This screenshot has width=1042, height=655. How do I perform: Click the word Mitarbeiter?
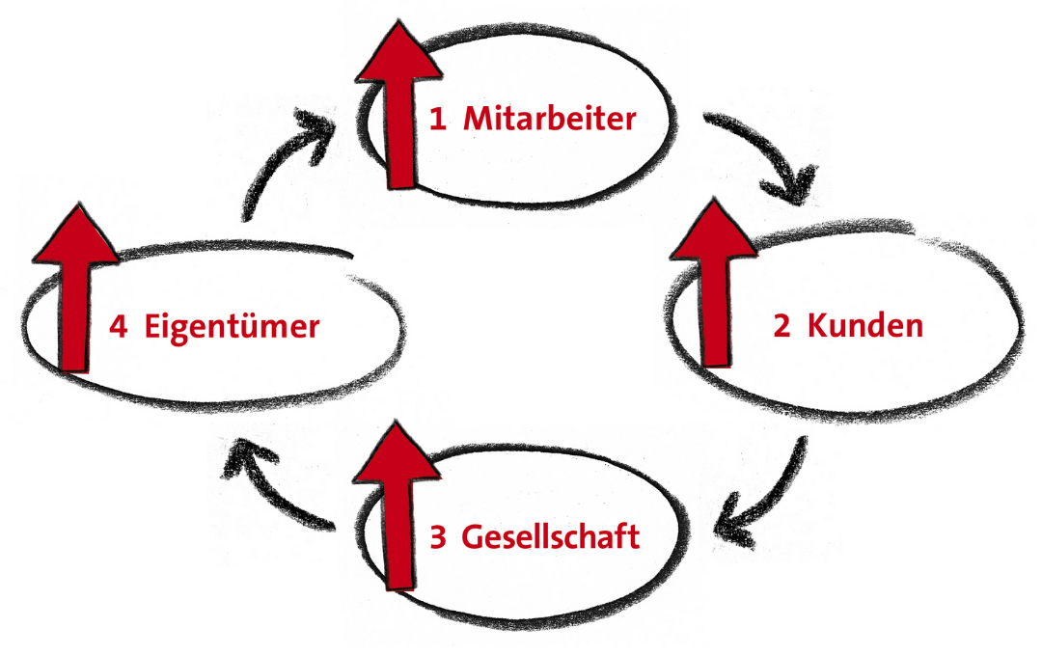[550, 119]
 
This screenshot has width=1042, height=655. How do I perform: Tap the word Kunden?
[865, 325]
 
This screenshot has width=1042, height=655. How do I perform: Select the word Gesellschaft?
[550, 536]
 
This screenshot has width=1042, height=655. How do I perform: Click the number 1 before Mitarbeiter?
[437, 120]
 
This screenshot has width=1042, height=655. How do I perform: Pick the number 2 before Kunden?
[781, 326]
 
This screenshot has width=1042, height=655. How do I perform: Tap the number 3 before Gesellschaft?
[437, 537]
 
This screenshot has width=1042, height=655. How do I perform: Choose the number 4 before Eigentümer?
[119, 327]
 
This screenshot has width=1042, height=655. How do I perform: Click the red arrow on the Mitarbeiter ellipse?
[398, 104]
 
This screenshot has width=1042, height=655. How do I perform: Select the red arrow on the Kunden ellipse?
[714, 283]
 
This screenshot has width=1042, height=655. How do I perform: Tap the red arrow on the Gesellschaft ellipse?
[397, 505]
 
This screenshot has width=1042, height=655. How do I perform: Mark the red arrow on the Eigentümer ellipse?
[75, 287]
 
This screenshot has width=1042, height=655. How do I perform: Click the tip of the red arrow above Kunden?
[714, 199]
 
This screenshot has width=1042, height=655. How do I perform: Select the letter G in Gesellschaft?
[472, 537]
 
